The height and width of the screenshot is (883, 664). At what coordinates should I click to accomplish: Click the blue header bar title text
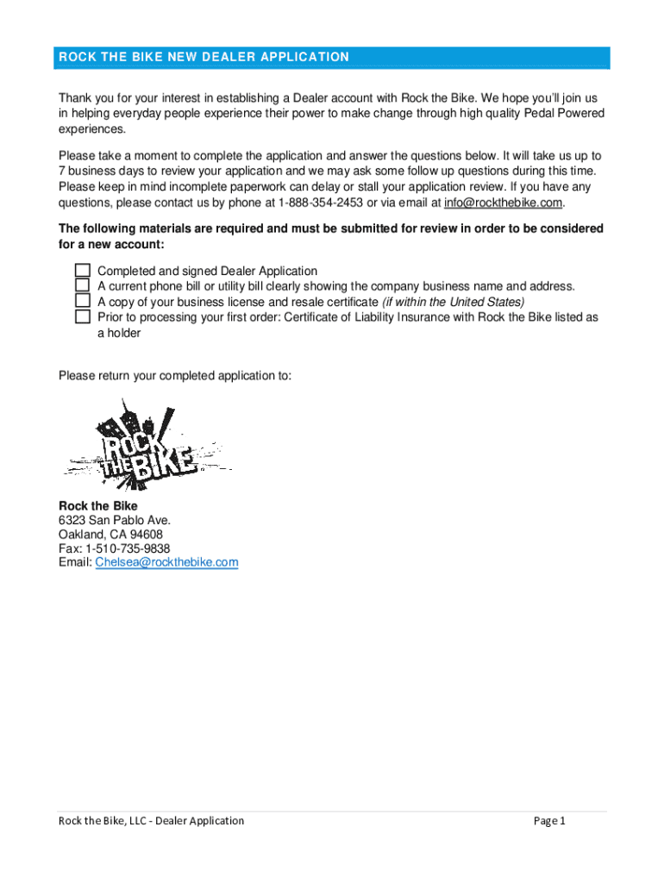(x=204, y=58)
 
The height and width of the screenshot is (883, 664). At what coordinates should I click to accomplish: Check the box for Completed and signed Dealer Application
(x=82, y=271)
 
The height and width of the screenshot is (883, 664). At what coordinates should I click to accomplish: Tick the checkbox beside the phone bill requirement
(x=82, y=285)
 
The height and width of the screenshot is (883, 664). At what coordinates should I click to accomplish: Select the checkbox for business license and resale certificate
(x=82, y=301)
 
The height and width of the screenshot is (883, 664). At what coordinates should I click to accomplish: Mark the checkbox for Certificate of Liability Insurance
(x=82, y=316)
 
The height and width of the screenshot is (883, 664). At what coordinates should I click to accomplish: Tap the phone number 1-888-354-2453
(x=315, y=203)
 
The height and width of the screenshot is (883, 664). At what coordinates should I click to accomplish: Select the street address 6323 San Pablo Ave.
(x=114, y=520)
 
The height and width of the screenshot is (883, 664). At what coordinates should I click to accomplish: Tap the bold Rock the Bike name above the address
(x=97, y=505)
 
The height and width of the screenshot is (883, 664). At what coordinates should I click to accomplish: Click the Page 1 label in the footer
(x=549, y=821)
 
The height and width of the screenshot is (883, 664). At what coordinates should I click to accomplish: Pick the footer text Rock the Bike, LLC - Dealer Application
(x=151, y=821)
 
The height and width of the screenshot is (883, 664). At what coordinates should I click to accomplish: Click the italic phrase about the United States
(x=453, y=302)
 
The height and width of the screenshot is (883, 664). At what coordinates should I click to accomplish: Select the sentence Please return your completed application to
(x=175, y=376)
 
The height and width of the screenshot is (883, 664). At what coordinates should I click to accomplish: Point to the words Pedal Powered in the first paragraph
(x=562, y=114)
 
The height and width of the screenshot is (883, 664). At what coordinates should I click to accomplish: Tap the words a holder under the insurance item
(x=119, y=333)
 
